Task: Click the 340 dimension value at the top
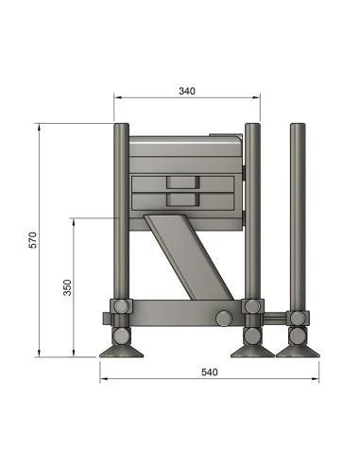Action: pos(186,91)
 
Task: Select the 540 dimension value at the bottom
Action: pos(209,372)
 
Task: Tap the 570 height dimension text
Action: pos(33,240)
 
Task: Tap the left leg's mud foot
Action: pos(122,352)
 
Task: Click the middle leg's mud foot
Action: pos(252,352)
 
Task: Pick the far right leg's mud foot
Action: pos(297,352)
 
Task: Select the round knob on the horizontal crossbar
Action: pos(224,318)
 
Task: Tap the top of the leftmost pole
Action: pos(121,127)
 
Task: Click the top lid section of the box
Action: pos(185,146)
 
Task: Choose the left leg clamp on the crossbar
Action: pos(120,307)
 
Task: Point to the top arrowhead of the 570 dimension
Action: pos(39,126)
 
